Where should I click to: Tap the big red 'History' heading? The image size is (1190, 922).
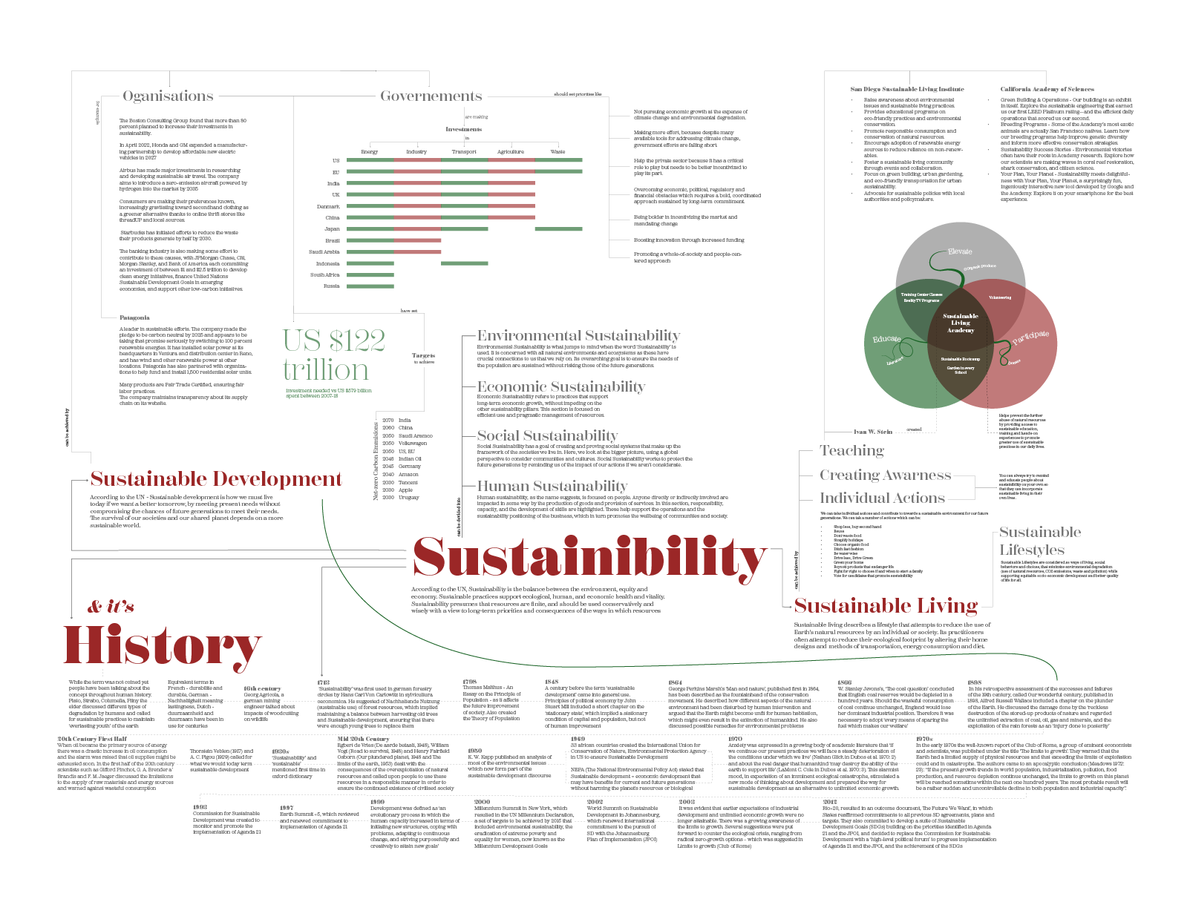[x=162, y=646]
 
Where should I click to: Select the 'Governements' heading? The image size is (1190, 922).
[x=431, y=96]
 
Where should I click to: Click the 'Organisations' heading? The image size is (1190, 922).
[x=168, y=96]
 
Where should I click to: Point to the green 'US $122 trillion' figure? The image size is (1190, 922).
[x=333, y=355]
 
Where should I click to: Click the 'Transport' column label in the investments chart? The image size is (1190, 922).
[x=464, y=152]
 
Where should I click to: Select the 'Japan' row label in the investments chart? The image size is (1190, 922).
[x=333, y=229]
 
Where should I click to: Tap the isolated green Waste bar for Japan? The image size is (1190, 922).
[x=558, y=229]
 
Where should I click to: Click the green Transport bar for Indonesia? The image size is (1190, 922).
[x=464, y=263]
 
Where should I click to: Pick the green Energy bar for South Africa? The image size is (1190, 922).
[x=370, y=275]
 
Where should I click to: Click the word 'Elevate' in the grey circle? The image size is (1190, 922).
[x=960, y=251]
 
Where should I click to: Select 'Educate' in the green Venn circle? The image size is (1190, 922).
[x=886, y=339]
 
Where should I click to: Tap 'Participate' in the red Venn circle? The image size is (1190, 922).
[x=1031, y=337]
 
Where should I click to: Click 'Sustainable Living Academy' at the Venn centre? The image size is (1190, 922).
[x=961, y=323]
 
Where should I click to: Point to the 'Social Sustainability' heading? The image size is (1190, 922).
[x=547, y=436]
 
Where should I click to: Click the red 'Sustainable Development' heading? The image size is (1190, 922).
[x=216, y=479]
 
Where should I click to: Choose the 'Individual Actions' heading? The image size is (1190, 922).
[x=882, y=498]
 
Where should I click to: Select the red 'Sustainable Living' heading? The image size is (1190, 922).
[x=886, y=606]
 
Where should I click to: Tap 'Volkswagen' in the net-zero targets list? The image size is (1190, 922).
[x=413, y=444]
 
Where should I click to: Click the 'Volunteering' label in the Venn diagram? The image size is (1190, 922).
[x=1000, y=297]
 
